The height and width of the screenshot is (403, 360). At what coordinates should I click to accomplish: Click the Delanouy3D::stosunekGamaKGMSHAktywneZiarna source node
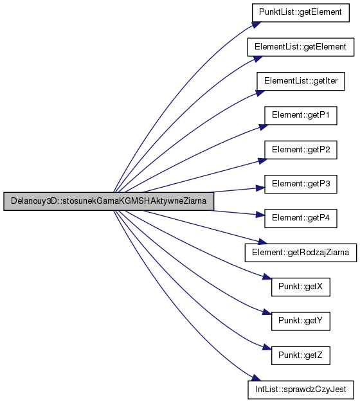click(109, 201)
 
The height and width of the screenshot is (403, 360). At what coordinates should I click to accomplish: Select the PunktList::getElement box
click(301, 13)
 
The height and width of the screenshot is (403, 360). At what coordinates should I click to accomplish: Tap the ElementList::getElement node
click(301, 47)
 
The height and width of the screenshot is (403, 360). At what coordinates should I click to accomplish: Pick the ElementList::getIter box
click(301, 81)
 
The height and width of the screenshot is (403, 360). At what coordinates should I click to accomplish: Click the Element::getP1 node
click(301, 116)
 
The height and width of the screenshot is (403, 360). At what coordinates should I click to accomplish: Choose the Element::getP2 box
click(301, 150)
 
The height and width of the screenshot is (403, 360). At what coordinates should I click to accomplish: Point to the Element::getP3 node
click(301, 184)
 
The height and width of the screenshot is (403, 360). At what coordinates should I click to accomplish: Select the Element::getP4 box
click(301, 218)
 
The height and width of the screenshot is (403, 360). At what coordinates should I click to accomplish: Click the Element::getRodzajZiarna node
click(301, 253)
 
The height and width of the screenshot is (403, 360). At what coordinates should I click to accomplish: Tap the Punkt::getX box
click(301, 287)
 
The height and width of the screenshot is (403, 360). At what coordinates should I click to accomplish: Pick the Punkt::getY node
click(301, 321)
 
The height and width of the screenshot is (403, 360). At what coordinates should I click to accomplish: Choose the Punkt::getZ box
click(301, 355)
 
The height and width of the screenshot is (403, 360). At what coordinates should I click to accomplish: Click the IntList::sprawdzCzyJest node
click(301, 390)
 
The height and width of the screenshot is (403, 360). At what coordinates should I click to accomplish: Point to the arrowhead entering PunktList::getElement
click(256, 24)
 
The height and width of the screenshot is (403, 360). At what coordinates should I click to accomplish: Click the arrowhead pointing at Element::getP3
click(260, 188)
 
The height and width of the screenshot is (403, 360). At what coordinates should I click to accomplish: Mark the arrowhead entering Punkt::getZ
click(267, 348)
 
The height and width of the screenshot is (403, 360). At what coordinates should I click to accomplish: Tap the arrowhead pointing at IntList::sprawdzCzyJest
click(256, 378)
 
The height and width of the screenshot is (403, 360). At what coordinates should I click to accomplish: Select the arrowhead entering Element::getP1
click(264, 127)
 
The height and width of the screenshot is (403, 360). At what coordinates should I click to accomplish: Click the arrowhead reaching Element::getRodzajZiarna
click(263, 242)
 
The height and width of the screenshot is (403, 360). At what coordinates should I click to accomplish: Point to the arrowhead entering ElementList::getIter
click(260, 93)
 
